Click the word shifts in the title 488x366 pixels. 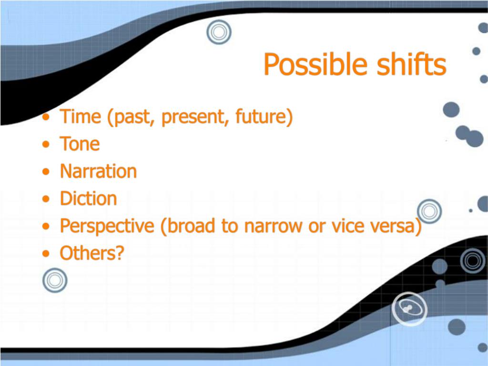pos(411,64)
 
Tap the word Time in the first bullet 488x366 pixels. pos(81,116)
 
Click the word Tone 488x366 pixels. pos(80,144)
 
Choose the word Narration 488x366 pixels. pos(98,171)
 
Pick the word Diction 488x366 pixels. pos(88,199)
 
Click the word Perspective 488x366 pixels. pos(107,226)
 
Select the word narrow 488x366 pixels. pos(273,226)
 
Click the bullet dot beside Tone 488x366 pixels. pos(46,144)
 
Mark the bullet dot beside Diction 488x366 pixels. pos(46,199)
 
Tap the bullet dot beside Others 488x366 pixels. pos(46,254)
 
